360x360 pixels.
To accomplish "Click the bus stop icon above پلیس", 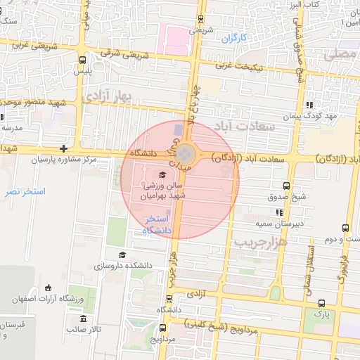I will [84, 60].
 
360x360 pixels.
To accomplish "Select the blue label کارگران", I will [236, 38].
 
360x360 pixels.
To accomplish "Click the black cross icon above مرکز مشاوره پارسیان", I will [64, 148].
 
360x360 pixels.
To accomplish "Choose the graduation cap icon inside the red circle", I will [162, 174].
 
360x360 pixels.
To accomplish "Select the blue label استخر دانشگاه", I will [157, 226].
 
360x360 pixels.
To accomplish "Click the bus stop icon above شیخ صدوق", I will [285, 186].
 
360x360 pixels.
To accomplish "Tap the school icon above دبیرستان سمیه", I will [281, 212].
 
